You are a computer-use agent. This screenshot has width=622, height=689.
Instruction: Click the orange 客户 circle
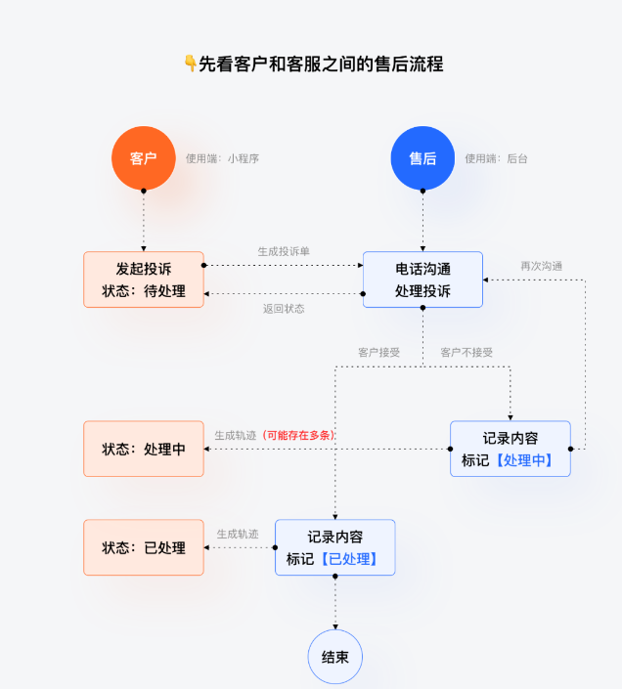(x=143, y=158)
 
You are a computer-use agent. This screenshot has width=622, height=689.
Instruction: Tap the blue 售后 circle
(x=422, y=158)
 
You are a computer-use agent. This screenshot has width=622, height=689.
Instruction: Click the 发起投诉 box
(x=144, y=280)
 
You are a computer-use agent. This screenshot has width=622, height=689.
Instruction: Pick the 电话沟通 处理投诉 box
(x=422, y=280)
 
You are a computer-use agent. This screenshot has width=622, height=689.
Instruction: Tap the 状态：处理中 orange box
(x=144, y=449)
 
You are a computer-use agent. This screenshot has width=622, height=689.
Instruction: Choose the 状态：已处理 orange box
(x=144, y=547)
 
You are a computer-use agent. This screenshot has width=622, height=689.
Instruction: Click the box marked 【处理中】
(x=510, y=449)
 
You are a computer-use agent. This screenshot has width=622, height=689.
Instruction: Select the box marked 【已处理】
(x=334, y=547)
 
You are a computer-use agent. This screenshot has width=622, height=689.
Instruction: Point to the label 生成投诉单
(x=284, y=251)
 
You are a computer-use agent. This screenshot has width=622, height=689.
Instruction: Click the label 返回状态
(x=284, y=309)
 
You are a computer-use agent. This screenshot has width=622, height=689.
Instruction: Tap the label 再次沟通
(x=541, y=266)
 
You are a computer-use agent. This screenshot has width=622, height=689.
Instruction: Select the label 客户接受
(x=378, y=352)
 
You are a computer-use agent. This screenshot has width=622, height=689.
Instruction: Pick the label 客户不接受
(x=466, y=352)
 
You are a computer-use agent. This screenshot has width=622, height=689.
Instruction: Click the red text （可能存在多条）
(x=298, y=435)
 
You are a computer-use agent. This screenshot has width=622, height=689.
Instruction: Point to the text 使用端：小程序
(x=222, y=158)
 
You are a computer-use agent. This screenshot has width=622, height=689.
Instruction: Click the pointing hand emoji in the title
(x=190, y=65)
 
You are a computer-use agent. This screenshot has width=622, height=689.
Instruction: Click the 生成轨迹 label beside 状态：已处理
(x=238, y=534)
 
